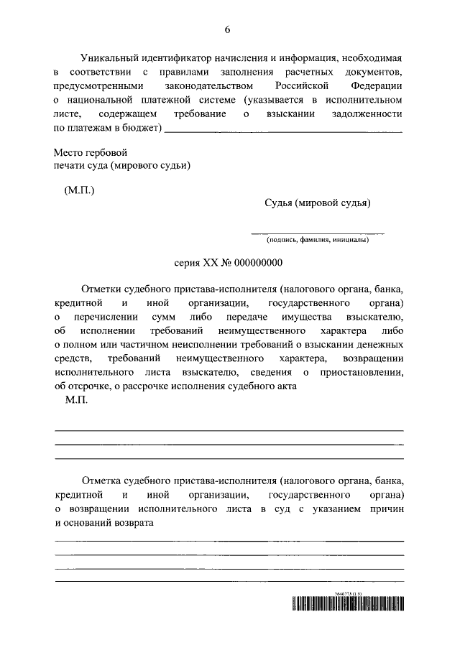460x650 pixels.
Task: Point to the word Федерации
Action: pyautogui.click(x=379, y=85)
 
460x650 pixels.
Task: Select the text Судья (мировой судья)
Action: pyautogui.click(x=317, y=203)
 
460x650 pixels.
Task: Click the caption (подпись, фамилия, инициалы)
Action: pyautogui.click(x=317, y=239)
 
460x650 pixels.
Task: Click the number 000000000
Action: pyautogui.click(x=255, y=264)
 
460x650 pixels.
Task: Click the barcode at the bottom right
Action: pyautogui.click(x=347, y=603)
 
